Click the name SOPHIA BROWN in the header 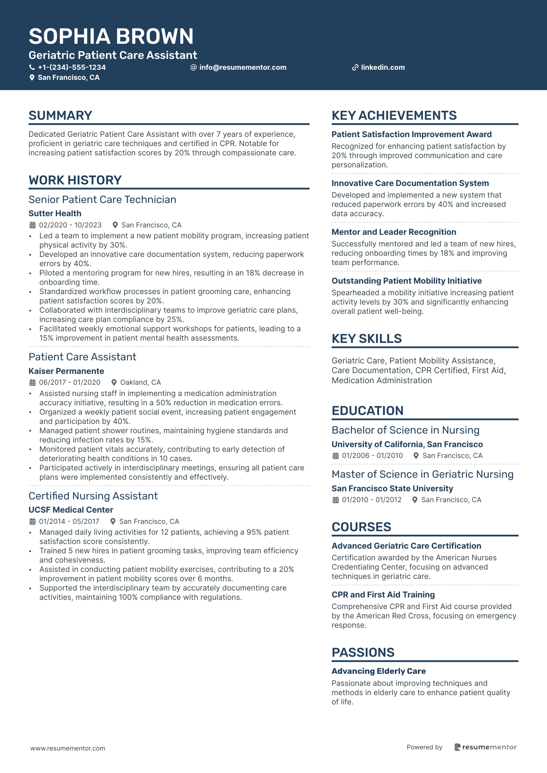tap(111, 36)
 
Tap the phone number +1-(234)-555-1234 tap(72, 67)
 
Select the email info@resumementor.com tap(242, 67)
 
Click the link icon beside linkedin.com tap(355, 67)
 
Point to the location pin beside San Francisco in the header tap(32, 77)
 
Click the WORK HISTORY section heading tap(75, 180)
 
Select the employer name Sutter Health tap(55, 213)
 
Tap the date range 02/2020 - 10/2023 tap(70, 225)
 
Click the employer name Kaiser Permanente tap(66, 371)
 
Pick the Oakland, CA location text tap(140, 382)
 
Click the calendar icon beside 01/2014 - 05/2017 tap(33, 522)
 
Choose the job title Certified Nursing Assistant tap(93, 496)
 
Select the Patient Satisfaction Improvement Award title tap(412, 134)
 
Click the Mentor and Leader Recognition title tap(394, 232)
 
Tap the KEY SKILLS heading tap(367, 339)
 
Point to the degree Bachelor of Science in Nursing tap(405, 430)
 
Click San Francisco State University tap(392, 489)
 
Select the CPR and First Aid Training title tap(383, 595)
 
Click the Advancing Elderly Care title tap(379, 671)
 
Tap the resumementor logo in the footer tap(485, 747)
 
